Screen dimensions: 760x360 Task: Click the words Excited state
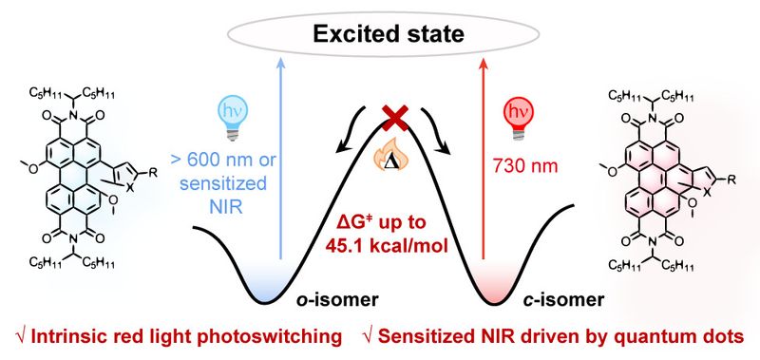(389, 34)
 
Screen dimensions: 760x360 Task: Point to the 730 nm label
(525, 166)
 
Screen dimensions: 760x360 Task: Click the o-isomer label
(337, 300)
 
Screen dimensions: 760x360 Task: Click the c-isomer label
(564, 300)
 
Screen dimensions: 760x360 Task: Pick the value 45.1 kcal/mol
(386, 246)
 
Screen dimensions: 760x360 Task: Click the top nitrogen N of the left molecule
(73, 115)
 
